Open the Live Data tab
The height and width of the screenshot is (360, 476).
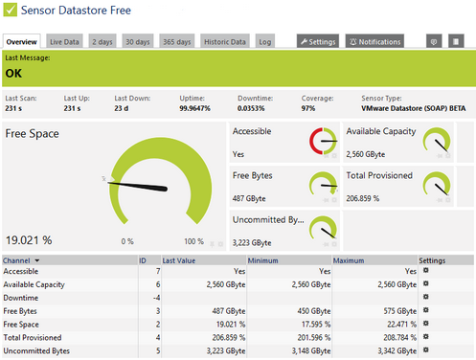click(65, 42)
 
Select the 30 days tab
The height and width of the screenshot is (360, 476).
click(138, 42)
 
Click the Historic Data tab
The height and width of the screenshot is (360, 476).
click(225, 42)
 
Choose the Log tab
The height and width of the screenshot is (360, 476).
click(265, 42)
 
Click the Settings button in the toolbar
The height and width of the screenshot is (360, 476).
click(317, 42)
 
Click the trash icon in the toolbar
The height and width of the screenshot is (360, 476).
click(457, 42)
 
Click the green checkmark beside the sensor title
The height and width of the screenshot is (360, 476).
click(9, 11)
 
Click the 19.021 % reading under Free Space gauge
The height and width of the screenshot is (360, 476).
click(29, 239)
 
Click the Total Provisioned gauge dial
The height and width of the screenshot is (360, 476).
click(438, 186)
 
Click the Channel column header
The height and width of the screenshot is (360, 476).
click(21, 259)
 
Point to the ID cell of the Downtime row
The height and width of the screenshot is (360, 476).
click(143, 298)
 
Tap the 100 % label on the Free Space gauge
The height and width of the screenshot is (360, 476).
click(194, 241)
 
